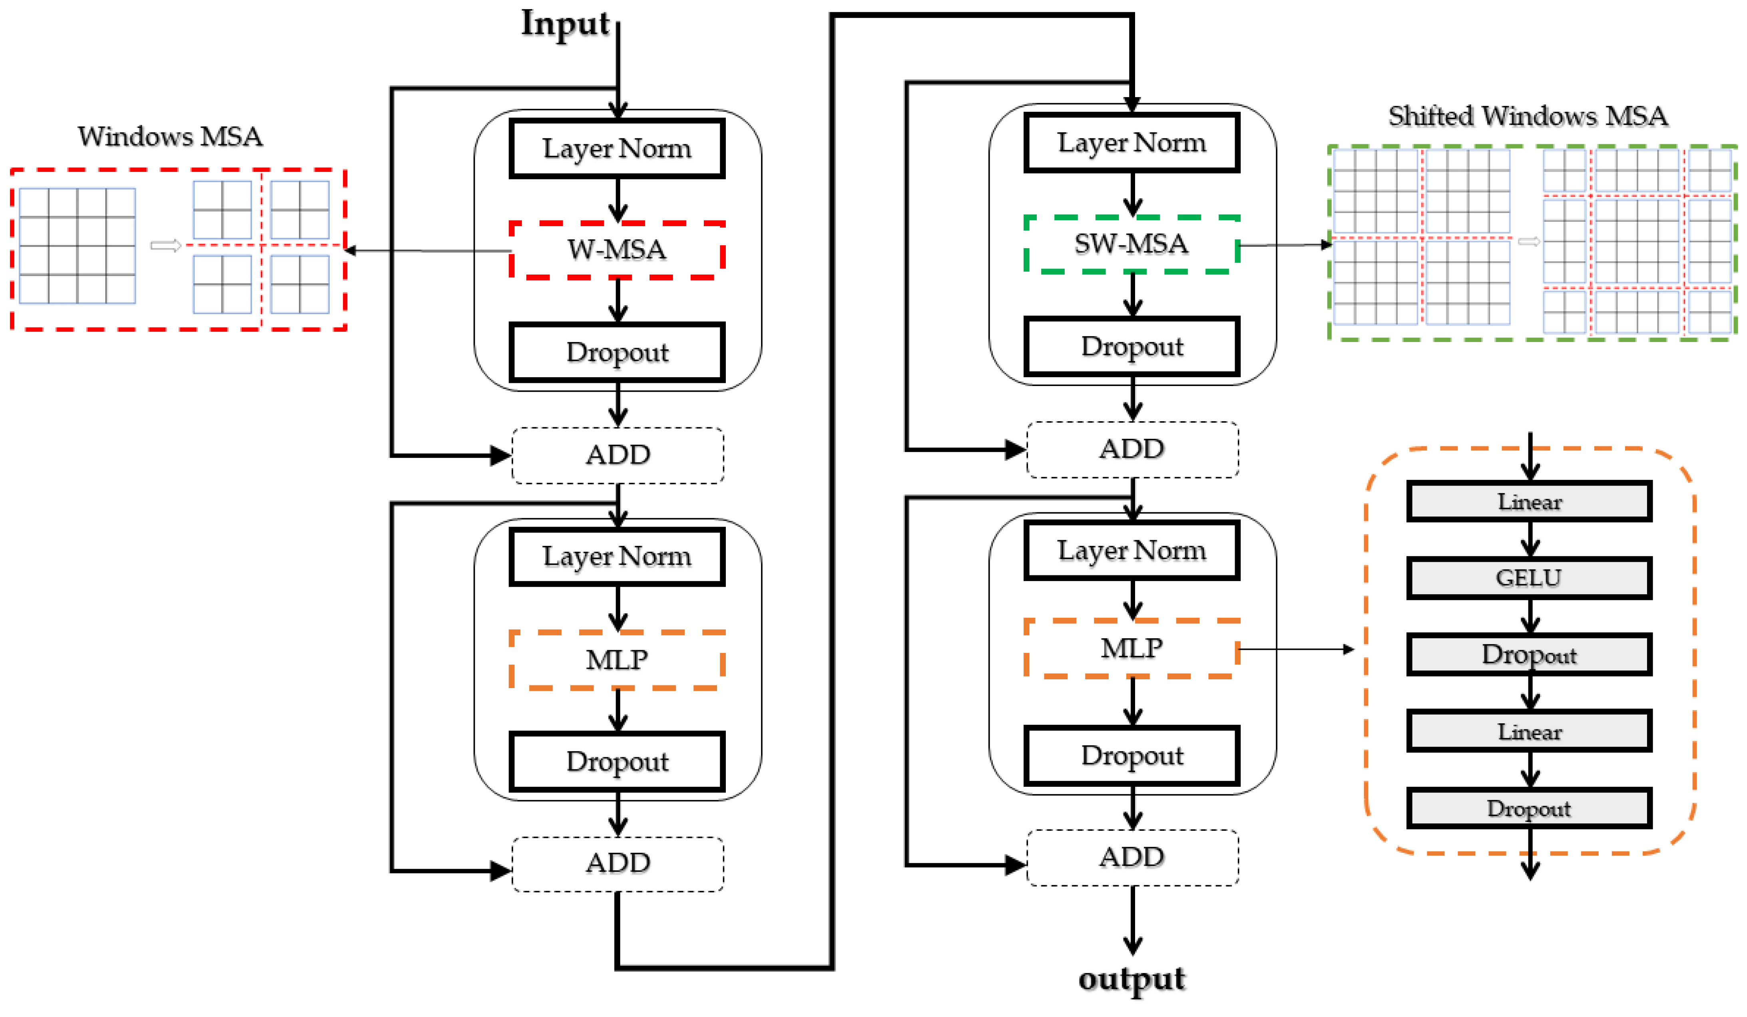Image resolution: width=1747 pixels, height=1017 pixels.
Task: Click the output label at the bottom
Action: (1131, 979)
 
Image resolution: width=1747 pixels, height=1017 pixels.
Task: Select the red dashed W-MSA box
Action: (617, 250)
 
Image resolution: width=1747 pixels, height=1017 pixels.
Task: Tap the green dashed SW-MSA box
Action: (1131, 244)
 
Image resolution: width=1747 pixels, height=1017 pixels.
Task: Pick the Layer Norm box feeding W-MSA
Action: (617, 148)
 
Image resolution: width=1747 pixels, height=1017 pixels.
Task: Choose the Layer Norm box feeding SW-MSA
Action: (1131, 143)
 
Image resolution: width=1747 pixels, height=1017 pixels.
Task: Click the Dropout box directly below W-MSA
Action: (617, 352)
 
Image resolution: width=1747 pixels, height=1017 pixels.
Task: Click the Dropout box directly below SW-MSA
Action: (1131, 346)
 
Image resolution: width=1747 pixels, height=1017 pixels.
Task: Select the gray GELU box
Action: (1529, 577)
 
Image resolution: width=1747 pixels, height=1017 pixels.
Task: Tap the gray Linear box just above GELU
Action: (1529, 501)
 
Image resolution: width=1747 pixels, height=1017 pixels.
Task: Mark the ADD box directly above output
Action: (1131, 858)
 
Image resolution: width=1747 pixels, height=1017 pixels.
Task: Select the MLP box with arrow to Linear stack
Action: (1131, 648)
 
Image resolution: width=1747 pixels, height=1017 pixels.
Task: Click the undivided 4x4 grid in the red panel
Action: (77, 246)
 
